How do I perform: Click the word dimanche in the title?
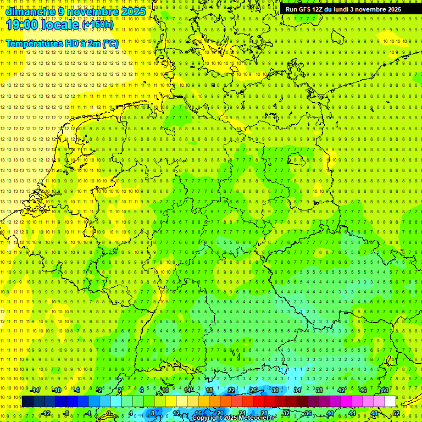coord(30,12)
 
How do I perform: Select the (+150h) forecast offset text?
coord(98,25)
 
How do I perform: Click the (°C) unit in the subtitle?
coord(110,43)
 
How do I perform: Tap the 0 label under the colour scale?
coord(108,413)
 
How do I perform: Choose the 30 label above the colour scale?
coord(275,390)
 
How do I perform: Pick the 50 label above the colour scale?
coord(385,390)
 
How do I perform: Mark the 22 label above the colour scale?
coord(231,390)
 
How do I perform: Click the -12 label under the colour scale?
coord(46,413)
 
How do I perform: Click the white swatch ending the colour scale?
coord(391,402)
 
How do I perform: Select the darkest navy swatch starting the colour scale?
coord(27,402)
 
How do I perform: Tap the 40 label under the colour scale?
coord(330,413)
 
